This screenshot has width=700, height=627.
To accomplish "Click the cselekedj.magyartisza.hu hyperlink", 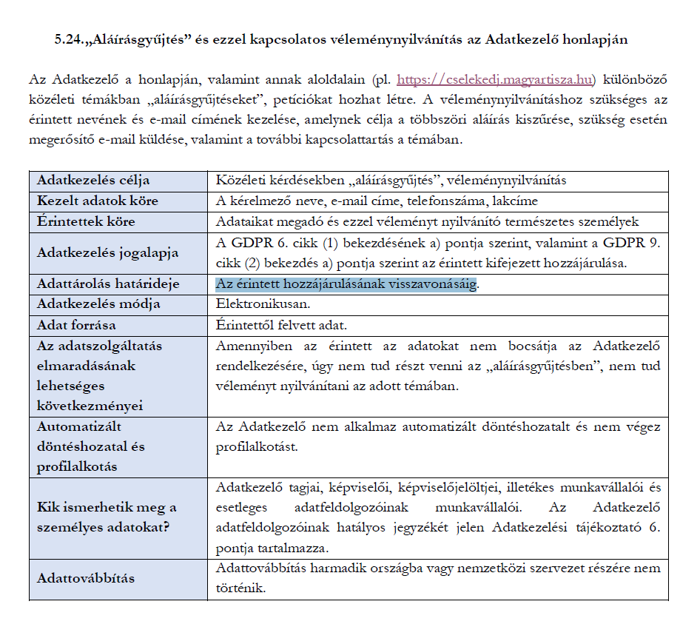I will coord(497,80).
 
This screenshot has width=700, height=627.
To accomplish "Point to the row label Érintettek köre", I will coord(86,221).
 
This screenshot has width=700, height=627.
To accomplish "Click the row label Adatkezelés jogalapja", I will coord(107,252).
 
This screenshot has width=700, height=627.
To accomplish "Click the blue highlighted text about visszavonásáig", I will coord(346,284).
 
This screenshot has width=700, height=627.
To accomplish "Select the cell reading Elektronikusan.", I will coord(252,304).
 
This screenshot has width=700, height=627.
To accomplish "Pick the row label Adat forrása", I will coord(76,325).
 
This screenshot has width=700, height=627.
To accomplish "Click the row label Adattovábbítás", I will coord(86,578).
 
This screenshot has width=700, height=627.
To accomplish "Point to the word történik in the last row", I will coord(240,589).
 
